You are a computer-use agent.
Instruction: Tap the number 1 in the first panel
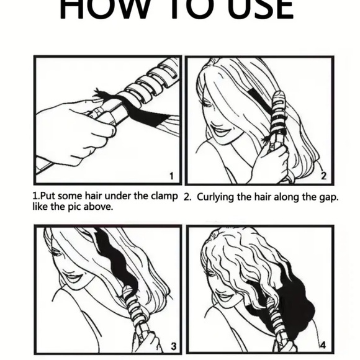click(x=171, y=176)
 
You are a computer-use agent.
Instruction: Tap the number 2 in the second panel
click(x=323, y=176)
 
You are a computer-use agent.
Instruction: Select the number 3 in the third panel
click(x=173, y=345)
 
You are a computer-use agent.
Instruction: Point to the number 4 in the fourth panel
click(x=323, y=345)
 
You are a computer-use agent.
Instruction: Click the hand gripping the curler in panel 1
click(x=78, y=130)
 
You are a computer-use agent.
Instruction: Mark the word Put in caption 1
click(x=47, y=196)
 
